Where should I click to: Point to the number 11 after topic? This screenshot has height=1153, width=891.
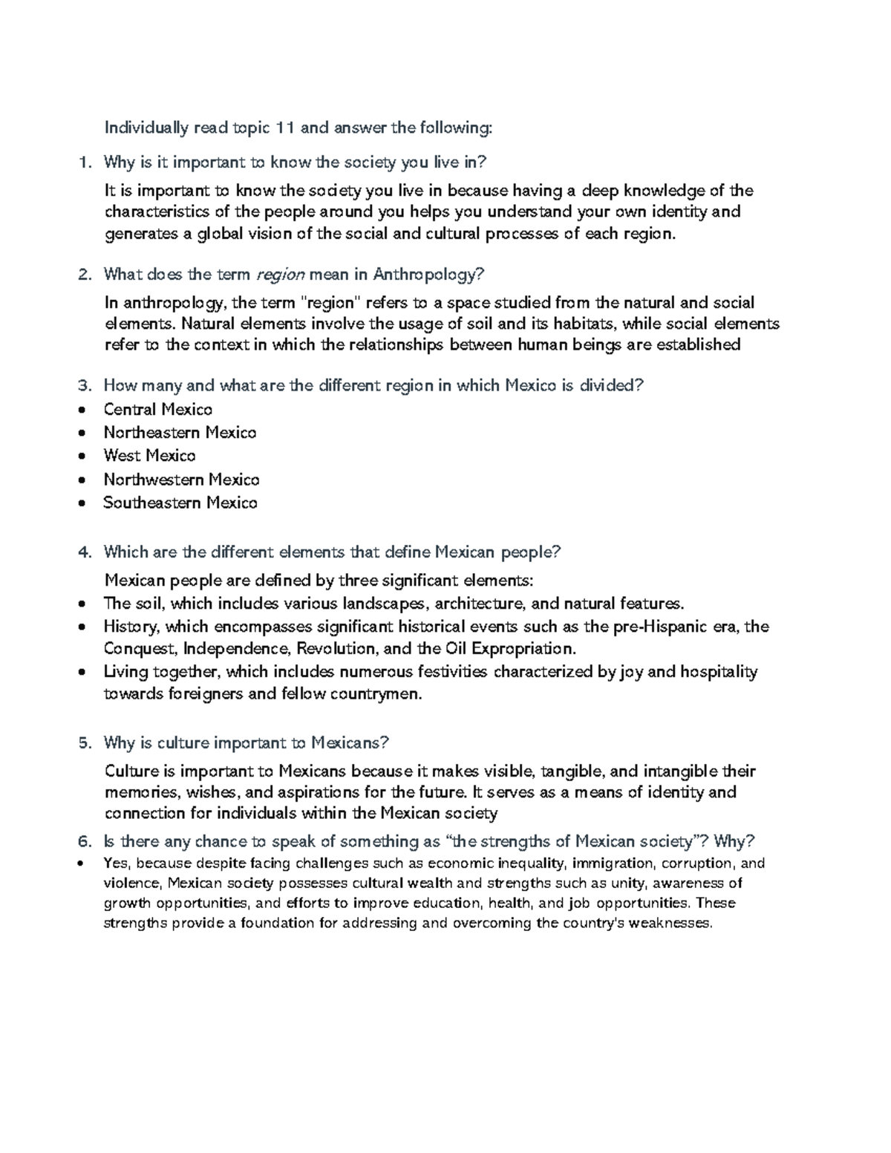click(x=286, y=128)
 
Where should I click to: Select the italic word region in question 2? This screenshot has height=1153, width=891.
click(x=280, y=275)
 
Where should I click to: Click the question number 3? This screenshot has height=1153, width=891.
click(x=84, y=385)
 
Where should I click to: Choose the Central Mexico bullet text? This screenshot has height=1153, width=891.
click(x=158, y=410)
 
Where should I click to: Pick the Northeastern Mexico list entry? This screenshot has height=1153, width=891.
click(x=180, y=433)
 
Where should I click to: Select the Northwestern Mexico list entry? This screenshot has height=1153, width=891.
click(x=181, y=480)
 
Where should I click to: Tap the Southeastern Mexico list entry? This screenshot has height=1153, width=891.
click(x=180, y=503)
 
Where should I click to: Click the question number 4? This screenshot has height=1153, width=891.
click(x=84, y=552)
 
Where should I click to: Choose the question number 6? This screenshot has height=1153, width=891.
click(x=84, y=842)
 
